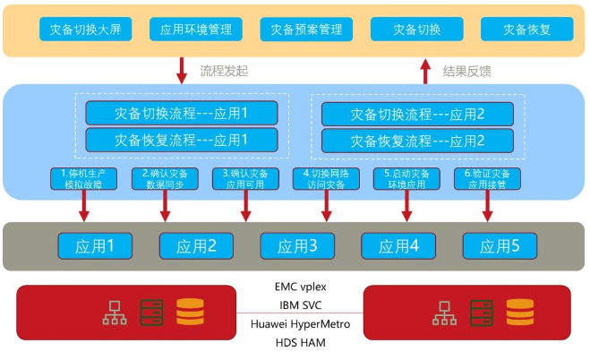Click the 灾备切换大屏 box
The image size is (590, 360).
[86, 30]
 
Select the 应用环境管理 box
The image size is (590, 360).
[196, 30]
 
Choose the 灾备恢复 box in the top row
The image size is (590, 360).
[526, 30]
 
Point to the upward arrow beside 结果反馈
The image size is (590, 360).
[427, 70]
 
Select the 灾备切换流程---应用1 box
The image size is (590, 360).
[181, 114]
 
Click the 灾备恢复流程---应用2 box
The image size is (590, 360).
[417, 141]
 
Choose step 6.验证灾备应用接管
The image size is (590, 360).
[487, 178]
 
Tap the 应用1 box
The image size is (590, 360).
[96, 245]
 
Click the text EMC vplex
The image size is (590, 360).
[300, 287]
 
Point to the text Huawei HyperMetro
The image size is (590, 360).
[300, 323]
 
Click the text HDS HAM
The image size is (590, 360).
[300, 342]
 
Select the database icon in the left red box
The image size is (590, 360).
[190, 312]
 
